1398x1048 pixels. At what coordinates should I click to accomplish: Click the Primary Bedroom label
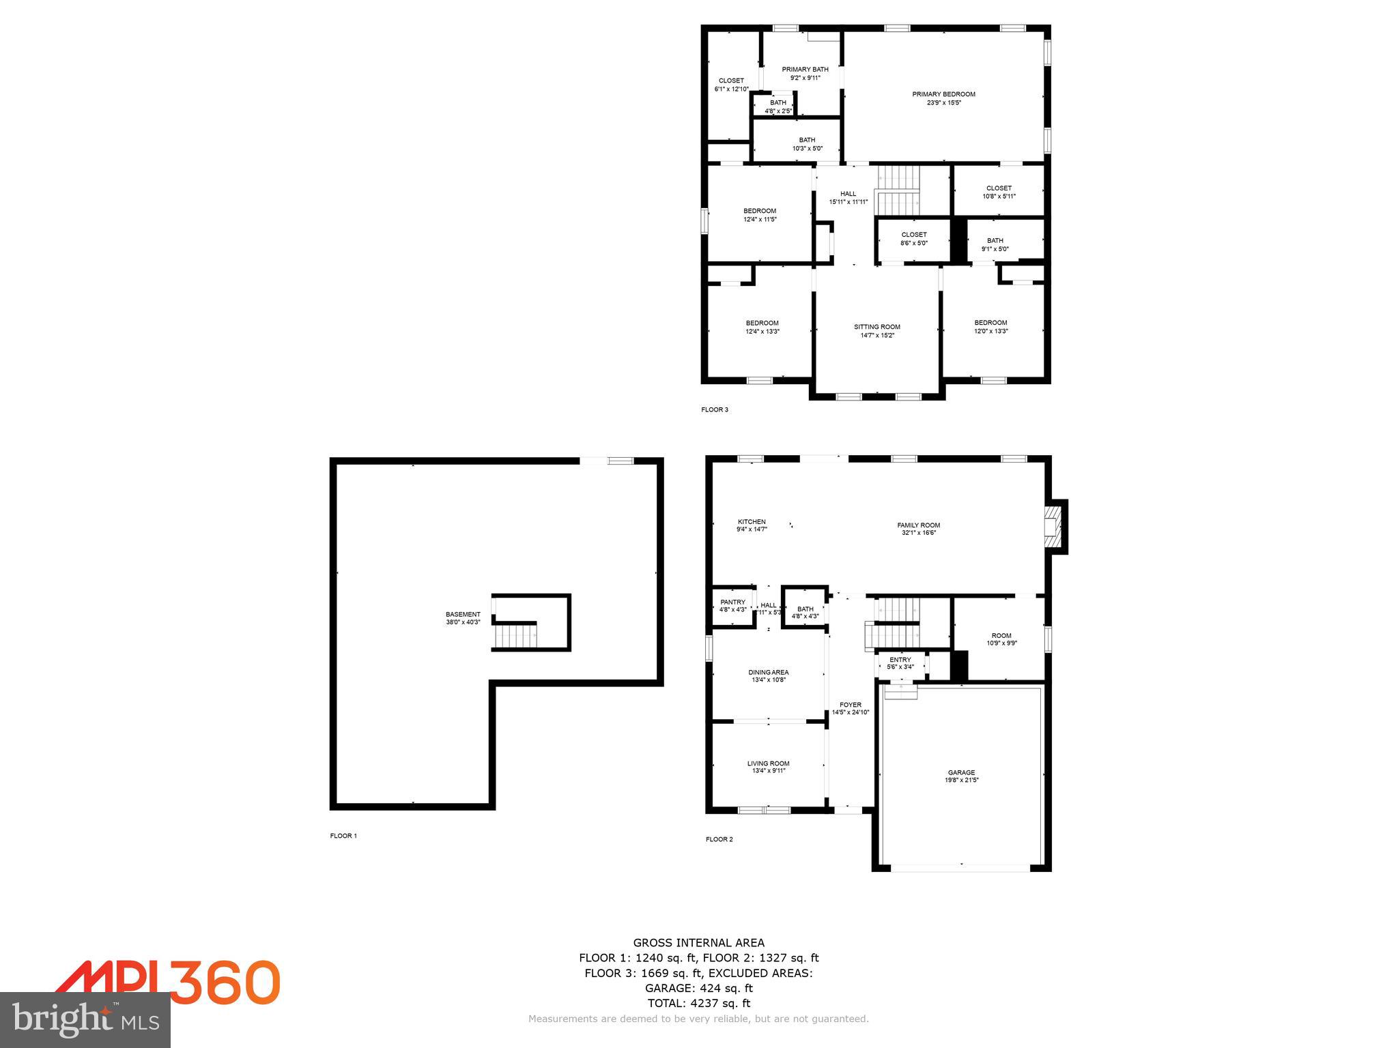click(x=943, y=98)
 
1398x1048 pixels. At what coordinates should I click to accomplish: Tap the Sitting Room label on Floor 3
click(x=877, y=331)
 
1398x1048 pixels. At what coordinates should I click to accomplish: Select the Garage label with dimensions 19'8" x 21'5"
click(x=961, y=776)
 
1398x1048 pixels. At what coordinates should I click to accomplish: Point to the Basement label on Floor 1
click(x=463, y=618)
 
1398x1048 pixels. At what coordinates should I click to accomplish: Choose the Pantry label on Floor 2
click(x=732, y=606)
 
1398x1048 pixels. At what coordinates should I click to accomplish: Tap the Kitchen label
click(x=752, y=525)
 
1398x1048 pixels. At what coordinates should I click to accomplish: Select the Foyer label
click(x=851, y=708)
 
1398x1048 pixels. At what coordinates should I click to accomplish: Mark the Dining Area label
click(x=769, y=675)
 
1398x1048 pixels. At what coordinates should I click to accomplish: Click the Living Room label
click(x=769, y=767)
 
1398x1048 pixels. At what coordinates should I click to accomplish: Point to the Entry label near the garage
click(x=900, y=663)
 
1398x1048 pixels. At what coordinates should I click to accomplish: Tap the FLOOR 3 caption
click(x=715, y=410)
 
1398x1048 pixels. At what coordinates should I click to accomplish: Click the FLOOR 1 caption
click(x=343, y=836)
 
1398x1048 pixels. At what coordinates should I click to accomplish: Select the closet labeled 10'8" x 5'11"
click(x=999, y=192)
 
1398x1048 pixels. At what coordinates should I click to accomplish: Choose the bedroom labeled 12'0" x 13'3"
click(x=990, y=327)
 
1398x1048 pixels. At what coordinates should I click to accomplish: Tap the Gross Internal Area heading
click(x=698, y=943)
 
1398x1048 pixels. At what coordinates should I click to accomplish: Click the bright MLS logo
click(x=85, y=1019)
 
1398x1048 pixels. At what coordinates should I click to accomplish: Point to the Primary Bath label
click(x=805, y=73)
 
